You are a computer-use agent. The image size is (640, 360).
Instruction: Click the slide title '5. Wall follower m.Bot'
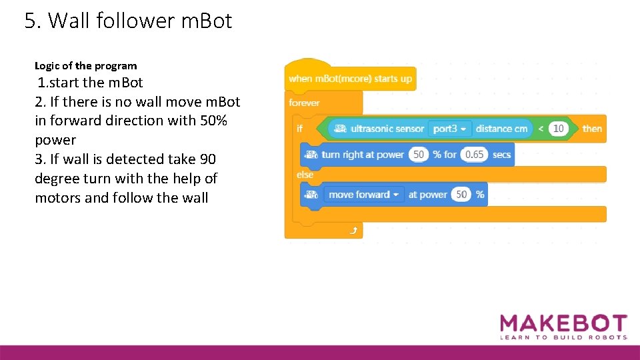[x=128, y=21]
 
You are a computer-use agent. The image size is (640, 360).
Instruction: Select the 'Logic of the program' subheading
[x=85, y=65]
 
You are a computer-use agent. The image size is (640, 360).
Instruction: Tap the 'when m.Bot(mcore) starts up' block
[x=350, y=79]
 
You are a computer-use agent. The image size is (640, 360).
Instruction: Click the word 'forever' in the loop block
[x=304, y=103]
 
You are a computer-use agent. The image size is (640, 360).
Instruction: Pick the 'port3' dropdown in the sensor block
[x=450, y=129]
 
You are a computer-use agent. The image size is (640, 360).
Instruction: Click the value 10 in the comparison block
[x=559, y=129]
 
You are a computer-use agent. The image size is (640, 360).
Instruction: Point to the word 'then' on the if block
[x=591, y=129]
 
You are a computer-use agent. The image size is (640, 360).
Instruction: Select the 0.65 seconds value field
[x=474, y=155]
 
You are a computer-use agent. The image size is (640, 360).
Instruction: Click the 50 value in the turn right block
[x=419, y=155]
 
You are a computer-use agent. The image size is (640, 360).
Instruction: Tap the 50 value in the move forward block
[x=461, y=195]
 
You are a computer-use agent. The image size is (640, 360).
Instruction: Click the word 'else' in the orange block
[x=305, y=175]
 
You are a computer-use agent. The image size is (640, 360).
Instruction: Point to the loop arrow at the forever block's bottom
[x=353, y=230]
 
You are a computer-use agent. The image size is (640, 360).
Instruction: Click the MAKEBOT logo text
[x=563, y=324]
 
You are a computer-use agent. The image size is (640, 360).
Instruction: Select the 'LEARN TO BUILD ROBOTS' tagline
[x=563, y=337]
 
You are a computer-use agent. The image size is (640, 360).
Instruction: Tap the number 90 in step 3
[x=207, y=159]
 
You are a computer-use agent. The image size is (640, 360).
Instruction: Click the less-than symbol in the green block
[x=541, y=129]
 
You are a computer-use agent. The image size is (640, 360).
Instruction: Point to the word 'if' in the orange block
[x=299, y=129]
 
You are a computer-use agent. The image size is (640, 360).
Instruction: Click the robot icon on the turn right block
[x=311, y=155]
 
